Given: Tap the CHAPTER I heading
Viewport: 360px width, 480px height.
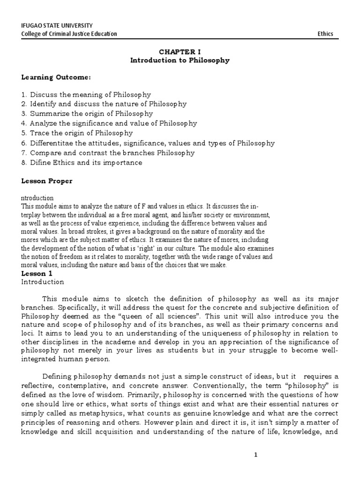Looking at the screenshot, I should point(180,51).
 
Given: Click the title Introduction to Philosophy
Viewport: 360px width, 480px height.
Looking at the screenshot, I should point(180,60).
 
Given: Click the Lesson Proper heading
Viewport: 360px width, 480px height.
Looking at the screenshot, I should point(47,181).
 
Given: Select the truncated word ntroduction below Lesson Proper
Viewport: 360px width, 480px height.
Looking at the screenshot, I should point(37,198).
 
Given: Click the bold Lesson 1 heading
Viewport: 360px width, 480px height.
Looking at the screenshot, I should point(34,273).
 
